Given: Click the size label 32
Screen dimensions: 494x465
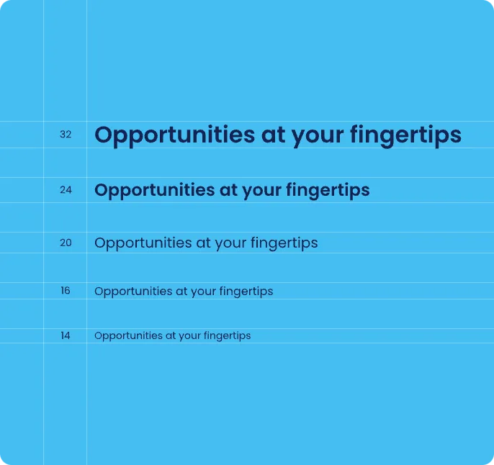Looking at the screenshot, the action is pyautogui.click(x=66, y=135).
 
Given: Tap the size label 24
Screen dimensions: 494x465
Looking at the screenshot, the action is pyautogui.click(x=66, y=190).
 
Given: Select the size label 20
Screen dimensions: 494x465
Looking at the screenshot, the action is pyautogui.click(x=66, y=243).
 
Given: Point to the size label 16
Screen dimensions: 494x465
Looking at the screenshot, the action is pyautogui.click(x=66, y=290).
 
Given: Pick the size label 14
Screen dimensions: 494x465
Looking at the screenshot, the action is pyautogui.click(x=66, y=335).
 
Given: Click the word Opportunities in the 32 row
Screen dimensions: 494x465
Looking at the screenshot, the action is pyautogui.click(x=174, y=136).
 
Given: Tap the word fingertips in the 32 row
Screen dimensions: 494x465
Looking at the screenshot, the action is pyautogui.click(x=405, y=135).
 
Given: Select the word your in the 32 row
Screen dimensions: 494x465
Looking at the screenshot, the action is pyautogui.click(x=318, y=138).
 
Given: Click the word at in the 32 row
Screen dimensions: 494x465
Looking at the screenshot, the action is pyautogui.click(x=273, y=135).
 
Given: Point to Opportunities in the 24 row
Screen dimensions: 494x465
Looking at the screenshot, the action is pyautogui.click(x=155, y=191).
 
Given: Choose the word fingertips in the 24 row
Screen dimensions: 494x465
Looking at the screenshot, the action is pyautogui.click(x=328, y=191).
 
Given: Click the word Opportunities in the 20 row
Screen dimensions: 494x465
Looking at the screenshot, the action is pyautogui.click(x=143, y=243).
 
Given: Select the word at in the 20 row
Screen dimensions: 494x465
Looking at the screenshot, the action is pyautogui.click(x=203, y=243).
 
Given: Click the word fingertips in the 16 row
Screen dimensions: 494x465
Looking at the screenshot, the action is pyautogui.click(x=246, y=292).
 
